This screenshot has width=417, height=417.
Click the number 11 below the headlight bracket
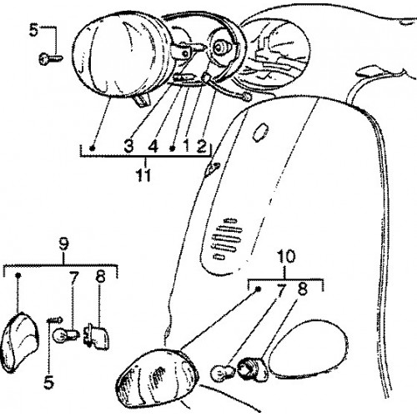(x=143, y=174)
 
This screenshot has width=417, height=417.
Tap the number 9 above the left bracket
(x=63, y=245)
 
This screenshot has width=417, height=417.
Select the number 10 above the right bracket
(x=286, y=256)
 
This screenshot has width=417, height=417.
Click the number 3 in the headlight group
(x=128, y=146)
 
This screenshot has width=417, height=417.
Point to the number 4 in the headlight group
(x=153, y=146)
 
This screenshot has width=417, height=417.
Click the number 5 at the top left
(x=34, y=30)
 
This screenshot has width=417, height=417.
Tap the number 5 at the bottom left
(x=48, y=382)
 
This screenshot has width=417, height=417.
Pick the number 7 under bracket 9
(x=73, y=279)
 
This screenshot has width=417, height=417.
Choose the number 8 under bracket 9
(x=100, y=276)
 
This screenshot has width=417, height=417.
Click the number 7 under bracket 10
(x=281, y=291)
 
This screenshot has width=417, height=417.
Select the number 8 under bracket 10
(x=303, y=289)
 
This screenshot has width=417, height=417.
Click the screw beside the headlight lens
(x=51, y=58)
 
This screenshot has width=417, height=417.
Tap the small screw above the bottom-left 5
(x=55, y=320)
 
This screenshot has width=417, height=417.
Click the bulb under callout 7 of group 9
(x=67, y=334)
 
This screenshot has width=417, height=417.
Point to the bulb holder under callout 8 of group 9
(x=95, y=335)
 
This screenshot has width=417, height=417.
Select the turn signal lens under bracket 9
(x=20, y=342)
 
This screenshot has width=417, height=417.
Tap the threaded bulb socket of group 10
(x=252, y=369)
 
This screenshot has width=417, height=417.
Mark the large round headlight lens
(x=118, y=55)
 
